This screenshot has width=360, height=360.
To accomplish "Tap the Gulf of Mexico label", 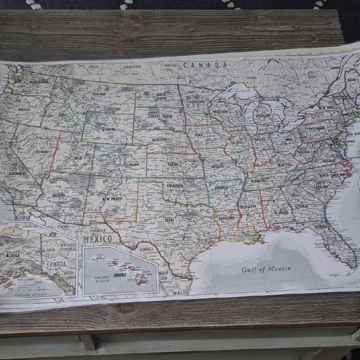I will point(266,269).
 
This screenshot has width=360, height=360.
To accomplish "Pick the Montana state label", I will point(99,94).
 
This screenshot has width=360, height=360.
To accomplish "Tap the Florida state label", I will point(321,227).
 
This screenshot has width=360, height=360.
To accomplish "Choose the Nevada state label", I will point(42,152).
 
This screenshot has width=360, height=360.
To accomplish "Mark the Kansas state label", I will point(173,164).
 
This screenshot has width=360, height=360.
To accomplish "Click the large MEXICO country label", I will point(98,239).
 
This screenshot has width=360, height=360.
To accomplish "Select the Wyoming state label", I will point(108,129).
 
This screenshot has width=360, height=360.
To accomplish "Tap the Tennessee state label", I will point(258,180).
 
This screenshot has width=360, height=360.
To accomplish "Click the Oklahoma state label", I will point(175,185).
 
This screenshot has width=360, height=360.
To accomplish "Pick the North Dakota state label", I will point(161,96).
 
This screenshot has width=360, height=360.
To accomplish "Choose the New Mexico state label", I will point(112,199).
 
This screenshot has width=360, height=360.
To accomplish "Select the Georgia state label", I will point(301,206).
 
